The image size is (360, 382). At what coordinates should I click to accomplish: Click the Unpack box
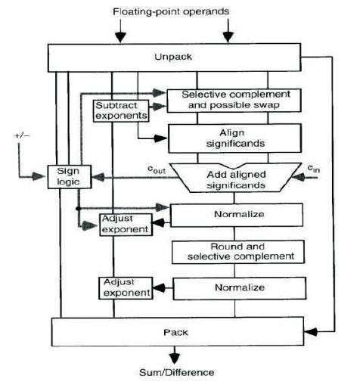(174, 57)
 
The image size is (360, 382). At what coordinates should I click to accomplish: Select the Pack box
(178, 331)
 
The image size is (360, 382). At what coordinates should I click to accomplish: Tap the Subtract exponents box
(121, 111)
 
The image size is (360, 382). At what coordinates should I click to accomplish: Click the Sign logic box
(70, 176)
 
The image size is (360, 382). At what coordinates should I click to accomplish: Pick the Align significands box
(234, 138)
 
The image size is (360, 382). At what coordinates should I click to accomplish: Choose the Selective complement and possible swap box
(234, 101)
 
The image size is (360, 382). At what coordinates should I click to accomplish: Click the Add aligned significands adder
(236, 178)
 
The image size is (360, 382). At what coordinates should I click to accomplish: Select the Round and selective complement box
(238, 252)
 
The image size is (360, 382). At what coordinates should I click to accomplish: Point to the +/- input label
(22, 135)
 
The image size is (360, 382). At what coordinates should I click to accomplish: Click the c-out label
(157, 169)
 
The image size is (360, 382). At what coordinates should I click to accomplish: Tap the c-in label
(314, 169)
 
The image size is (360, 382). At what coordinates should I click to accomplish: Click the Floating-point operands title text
(171, 11)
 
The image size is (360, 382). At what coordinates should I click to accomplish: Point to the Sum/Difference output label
(177, 372)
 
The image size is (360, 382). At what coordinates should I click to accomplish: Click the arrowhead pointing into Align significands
(160, 138)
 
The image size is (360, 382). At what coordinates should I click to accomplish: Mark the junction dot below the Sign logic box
(79, 209)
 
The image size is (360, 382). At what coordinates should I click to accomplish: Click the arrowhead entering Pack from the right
(311, 331)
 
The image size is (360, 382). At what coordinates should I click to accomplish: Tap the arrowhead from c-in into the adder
(298, 178)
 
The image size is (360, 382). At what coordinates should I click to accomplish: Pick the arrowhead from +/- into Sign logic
(39, 176)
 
